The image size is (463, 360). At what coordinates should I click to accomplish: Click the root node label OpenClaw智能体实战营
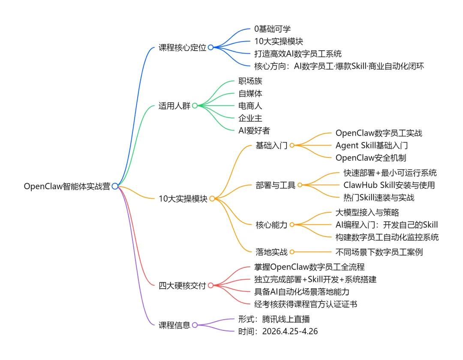point(67,186)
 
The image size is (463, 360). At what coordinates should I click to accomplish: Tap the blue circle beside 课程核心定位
point(210,48)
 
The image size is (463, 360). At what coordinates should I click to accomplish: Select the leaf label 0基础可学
point(272,29)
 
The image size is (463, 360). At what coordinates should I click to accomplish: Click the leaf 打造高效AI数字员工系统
point(298,54)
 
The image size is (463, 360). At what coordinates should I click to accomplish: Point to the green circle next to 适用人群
point(195,106)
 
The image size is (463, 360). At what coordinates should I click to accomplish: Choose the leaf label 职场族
point(250,81)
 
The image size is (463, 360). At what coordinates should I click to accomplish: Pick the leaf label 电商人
point(250,106)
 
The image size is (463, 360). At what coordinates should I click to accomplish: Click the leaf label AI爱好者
point(254,130)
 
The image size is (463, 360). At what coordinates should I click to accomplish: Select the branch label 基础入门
point(271,145)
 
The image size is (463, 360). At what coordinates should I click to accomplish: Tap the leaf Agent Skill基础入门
point(372,145)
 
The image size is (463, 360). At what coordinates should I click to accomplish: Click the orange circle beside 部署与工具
point(300,185)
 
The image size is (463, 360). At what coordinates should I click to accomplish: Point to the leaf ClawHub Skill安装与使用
point(389,185)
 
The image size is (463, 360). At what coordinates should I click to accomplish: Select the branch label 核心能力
point(271,224)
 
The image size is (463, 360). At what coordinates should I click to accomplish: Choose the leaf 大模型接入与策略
point(368,212)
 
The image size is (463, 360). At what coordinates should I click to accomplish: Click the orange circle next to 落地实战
point(292,252)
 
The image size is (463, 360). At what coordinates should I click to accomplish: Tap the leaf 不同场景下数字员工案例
point(379,252)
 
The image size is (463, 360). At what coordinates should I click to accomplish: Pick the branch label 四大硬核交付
point(182,285)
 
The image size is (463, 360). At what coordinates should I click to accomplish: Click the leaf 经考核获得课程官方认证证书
point(306,304)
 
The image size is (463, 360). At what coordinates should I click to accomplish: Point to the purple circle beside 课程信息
point(195,325)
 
